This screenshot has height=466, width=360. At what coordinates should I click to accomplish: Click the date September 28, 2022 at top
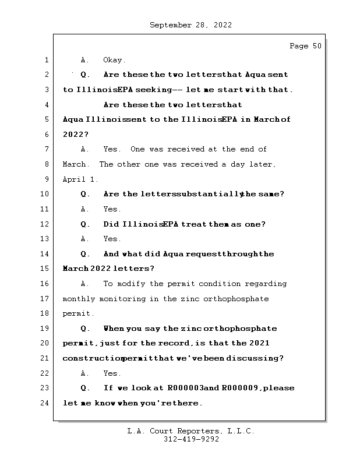pos(190,25)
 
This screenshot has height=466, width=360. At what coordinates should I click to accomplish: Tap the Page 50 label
pos(305,46)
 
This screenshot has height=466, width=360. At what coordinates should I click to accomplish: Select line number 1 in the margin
pos(45,60)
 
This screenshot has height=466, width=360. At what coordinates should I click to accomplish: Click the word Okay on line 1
pos(114,60)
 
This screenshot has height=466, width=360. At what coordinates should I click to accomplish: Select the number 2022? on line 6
pos(76,135)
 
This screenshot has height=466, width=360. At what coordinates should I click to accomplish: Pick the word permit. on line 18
pos(78,313)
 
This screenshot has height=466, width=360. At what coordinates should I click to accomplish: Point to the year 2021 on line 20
pos(259,343)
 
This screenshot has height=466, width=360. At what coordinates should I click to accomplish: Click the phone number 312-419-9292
pos(190,440)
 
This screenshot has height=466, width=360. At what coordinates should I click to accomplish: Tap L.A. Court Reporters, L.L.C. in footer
pos(190,432)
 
